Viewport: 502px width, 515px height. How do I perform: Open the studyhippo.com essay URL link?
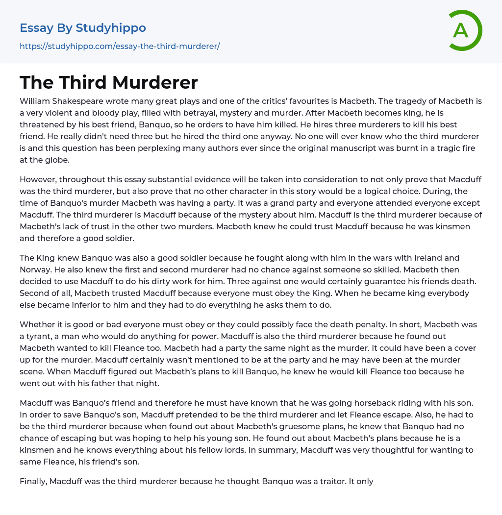pos(120,46)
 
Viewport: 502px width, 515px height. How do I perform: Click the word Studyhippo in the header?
pos(111,28)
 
